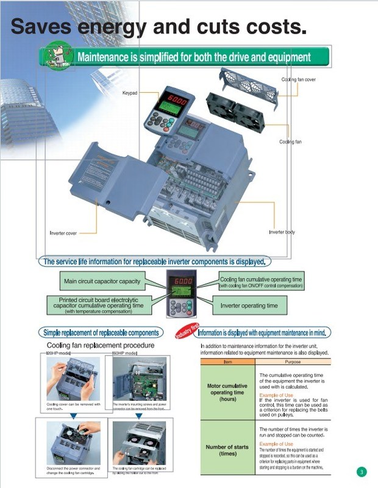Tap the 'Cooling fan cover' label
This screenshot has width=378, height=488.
(298, 80)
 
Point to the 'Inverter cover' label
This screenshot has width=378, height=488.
(63, 232)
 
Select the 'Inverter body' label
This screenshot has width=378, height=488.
(282, 232)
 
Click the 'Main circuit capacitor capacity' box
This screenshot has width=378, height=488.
(102, 282)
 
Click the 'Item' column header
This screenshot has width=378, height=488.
(227, 362)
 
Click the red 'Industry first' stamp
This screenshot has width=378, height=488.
(187, 331)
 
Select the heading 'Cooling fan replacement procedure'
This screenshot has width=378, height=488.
(100, 345)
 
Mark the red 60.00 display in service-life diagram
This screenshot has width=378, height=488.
(183, 282)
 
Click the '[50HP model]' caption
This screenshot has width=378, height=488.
(124, 353)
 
